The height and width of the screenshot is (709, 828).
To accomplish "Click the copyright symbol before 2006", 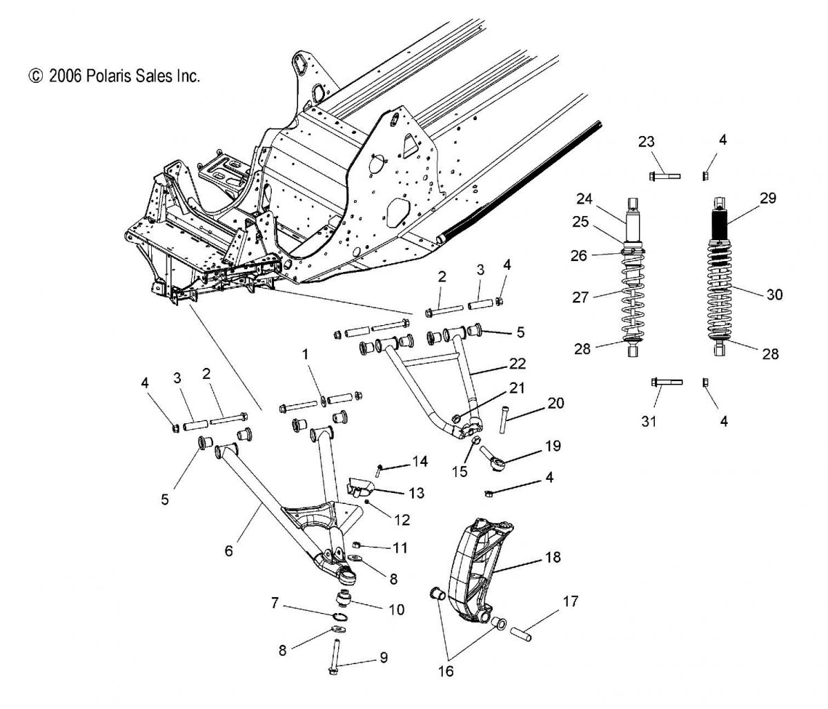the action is (36, 76).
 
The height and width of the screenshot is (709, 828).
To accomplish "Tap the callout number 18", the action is (553, 557).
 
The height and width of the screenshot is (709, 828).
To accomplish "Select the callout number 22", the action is (517, 364).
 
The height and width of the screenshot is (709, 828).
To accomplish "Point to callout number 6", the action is (228, 551).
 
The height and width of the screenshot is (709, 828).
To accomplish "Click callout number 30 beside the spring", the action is (774, 295).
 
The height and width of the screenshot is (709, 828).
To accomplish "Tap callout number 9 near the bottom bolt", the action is (384, 658).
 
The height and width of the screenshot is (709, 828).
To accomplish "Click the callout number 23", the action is (646, 142).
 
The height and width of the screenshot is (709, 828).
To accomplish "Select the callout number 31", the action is (649, 421).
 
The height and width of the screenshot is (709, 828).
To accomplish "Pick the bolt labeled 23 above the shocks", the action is (665, 175).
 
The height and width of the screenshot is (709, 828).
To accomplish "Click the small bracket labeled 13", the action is (359, 486).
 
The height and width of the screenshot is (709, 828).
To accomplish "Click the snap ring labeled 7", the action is (339, 616).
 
